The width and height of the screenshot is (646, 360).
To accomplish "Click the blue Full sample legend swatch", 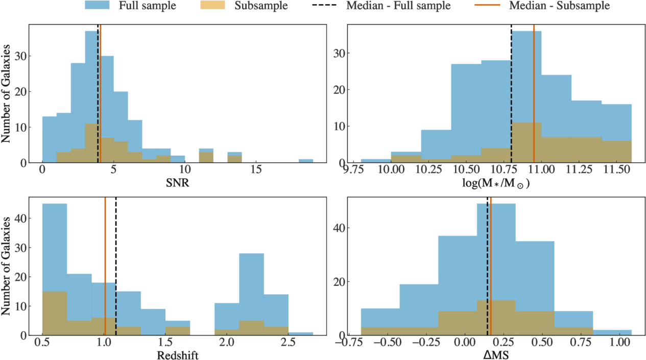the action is [97, 5].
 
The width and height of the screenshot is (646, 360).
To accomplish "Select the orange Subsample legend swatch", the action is [212, 5].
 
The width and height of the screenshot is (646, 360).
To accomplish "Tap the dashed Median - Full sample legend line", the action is [324, 5].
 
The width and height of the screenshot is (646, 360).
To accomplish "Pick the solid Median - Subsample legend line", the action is [488, 5].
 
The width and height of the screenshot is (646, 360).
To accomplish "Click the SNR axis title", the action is [178, 183].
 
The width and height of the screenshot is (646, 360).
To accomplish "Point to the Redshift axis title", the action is [178, 355].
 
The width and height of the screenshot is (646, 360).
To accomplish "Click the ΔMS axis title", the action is [496, 355].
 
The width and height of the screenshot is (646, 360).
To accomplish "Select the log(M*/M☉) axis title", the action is [496, 183].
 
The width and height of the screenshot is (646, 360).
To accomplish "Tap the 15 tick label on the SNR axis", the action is [256, 170].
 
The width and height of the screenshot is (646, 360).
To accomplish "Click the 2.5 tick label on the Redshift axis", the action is [288, 342].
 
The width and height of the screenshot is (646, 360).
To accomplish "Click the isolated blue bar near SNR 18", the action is [306, 161].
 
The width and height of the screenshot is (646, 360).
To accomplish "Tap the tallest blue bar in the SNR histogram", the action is [92, 97].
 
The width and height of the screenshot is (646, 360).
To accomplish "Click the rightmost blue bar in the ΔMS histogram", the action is [612, 332].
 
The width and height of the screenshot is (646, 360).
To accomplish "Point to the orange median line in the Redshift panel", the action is [105, 266].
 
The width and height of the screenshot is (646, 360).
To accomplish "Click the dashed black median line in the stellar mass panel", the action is [511, 94].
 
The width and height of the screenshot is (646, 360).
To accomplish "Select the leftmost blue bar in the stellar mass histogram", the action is [376, 161].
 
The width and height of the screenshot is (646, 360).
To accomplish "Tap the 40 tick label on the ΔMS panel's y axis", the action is [338, 228].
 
